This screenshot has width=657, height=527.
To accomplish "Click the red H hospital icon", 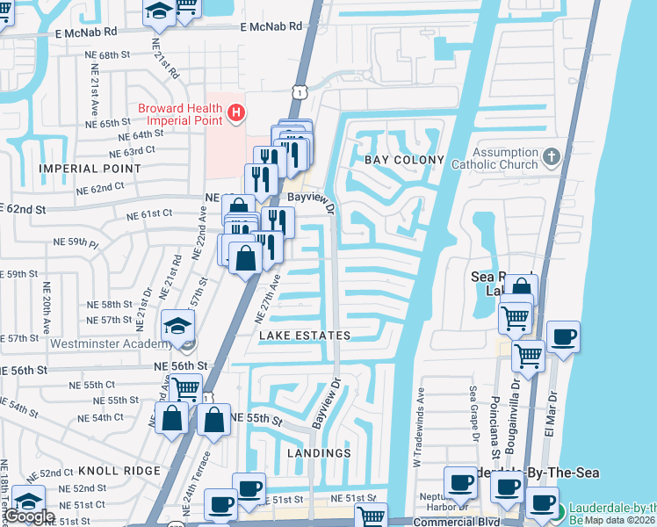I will point(235,113).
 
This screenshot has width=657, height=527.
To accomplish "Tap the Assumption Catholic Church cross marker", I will point(551,157).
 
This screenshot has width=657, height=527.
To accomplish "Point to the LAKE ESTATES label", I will point(304,336).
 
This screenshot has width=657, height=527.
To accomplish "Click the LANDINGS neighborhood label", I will point(318,453).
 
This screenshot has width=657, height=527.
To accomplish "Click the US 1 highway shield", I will point(300,91).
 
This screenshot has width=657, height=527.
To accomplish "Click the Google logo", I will point(28,516).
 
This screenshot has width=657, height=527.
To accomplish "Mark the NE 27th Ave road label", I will point(266,296).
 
